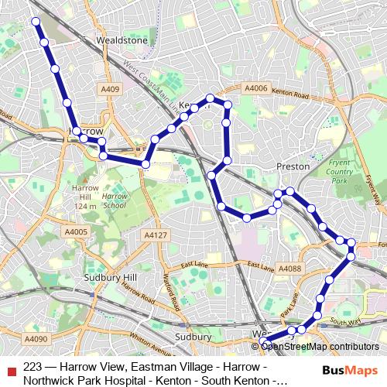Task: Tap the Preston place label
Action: point(293,166)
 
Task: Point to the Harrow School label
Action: point(114,201)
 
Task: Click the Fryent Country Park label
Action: point(340,171)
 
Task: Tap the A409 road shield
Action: point(110,90)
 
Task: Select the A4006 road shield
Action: point(255,88)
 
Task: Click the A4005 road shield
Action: point(76,231)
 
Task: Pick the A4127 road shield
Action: point(155,235)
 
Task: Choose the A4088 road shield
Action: point(288,269)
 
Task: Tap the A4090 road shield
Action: point(36,339)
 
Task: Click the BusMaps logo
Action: point(349,371)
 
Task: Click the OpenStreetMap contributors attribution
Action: point(320,347)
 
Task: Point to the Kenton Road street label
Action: point(290,94)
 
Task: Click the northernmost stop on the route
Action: point(35,22)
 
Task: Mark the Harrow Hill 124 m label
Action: point(85,197)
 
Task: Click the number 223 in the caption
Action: point(33,366)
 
